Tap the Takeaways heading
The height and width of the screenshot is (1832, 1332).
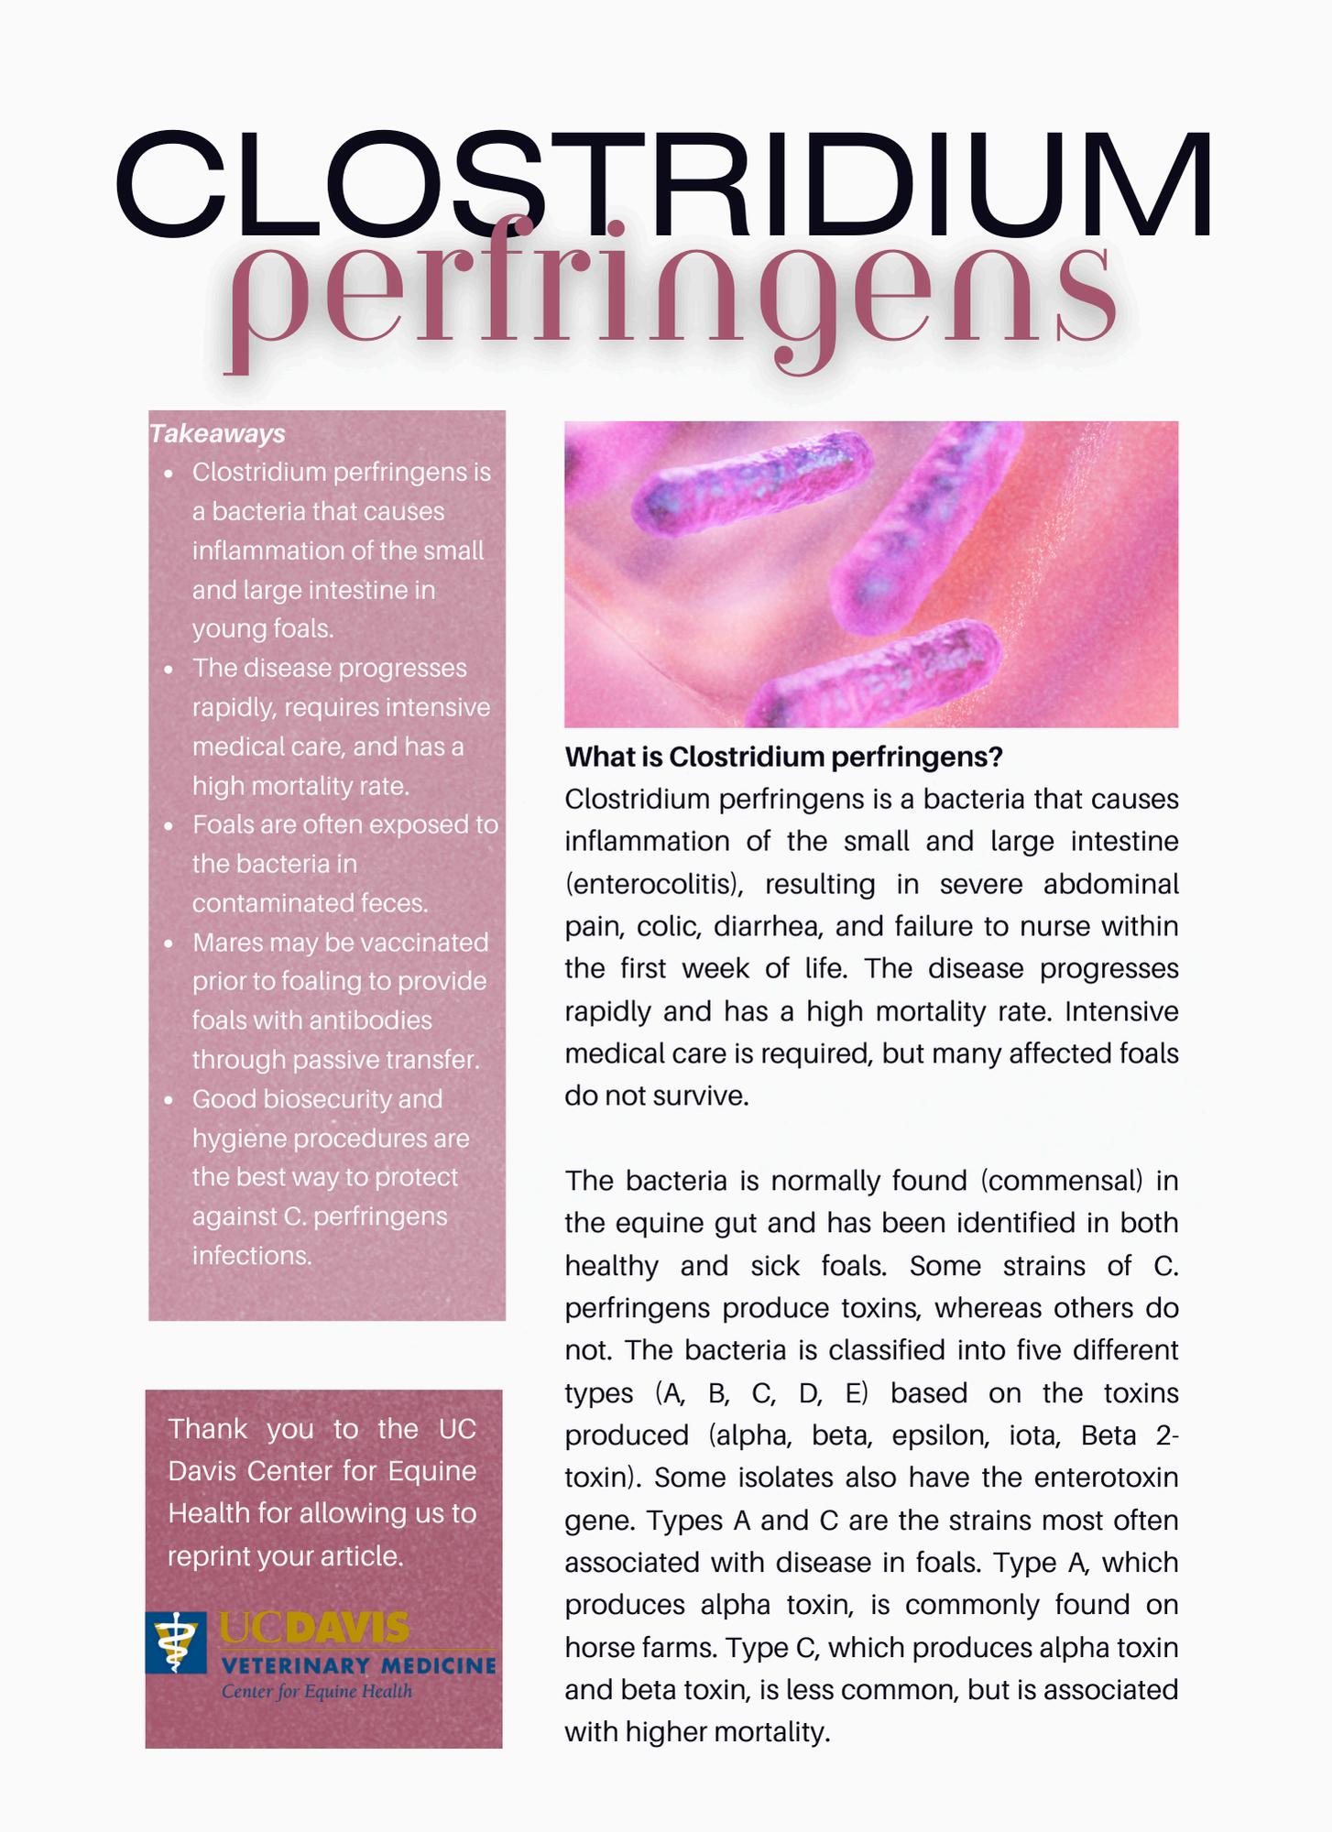coord(217,433)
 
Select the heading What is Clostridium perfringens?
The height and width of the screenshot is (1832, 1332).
coord(783,757)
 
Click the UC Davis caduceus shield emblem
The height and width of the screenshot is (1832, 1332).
coord(176,1642)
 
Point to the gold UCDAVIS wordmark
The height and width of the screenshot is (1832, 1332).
coord(314,1628)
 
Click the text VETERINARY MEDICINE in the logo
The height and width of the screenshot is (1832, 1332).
coord(358,1664)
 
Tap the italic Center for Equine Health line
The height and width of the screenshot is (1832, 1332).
coord(317,1691)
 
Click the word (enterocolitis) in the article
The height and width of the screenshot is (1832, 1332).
coord(651,884)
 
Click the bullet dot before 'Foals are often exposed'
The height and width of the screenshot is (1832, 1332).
coord(169,826)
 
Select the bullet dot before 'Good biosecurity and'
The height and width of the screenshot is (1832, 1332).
coord(169,1100)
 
